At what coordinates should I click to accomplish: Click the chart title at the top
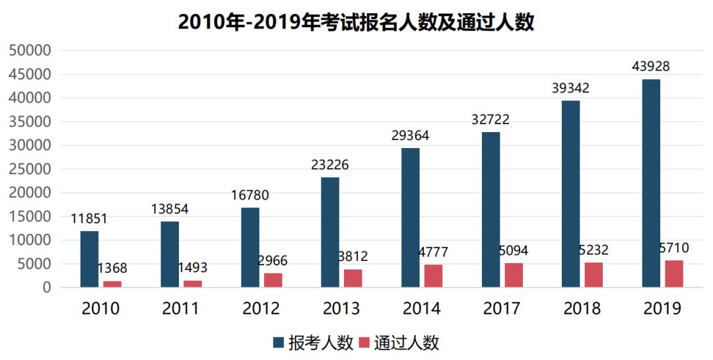[356, 22]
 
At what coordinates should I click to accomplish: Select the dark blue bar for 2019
[651, 183]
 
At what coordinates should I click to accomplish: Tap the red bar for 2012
[273, 280]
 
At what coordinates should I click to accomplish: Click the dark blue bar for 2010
[89, 259]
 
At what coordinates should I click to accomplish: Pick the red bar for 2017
[514, 275]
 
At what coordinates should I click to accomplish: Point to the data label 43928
[652, 67]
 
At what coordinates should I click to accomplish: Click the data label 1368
[112, 269]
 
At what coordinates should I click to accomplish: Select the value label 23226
[330, 164]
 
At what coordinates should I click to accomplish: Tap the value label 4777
[433, 254]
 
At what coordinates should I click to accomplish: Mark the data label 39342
[570, 89]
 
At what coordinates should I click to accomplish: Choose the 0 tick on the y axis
[46, 288]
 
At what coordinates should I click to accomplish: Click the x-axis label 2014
[422, 309]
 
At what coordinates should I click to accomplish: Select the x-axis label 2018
[582, 309]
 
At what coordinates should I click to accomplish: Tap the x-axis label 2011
[181, 309]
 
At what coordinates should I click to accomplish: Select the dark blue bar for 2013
[330, 232]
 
